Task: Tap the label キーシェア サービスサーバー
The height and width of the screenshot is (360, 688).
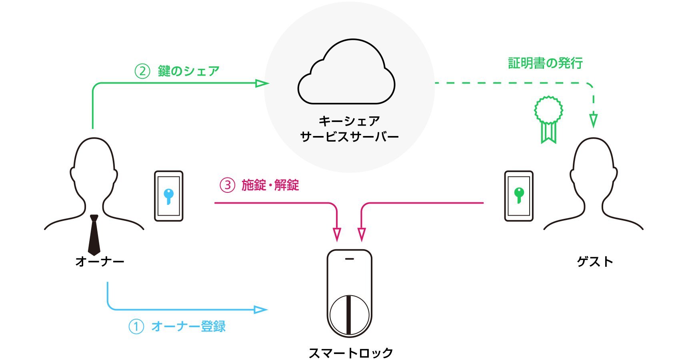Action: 349,129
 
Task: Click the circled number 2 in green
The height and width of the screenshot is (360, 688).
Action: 142,71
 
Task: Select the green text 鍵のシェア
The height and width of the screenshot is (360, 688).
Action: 188,71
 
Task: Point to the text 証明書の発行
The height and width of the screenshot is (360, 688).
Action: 545,63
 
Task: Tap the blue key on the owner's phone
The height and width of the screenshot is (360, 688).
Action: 169,196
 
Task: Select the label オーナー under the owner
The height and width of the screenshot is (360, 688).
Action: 100,262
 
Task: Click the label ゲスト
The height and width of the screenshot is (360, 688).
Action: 595,262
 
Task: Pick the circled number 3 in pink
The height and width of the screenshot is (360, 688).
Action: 228,185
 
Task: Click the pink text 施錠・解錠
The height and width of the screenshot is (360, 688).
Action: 270,185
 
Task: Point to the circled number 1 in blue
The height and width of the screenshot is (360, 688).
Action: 136,326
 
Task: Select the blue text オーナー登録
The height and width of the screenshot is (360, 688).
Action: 188,326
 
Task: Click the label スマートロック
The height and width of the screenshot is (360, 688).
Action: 351,353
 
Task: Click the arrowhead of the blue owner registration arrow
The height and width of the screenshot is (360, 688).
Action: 261,310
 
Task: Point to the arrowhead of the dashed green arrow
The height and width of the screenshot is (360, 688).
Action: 594,120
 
